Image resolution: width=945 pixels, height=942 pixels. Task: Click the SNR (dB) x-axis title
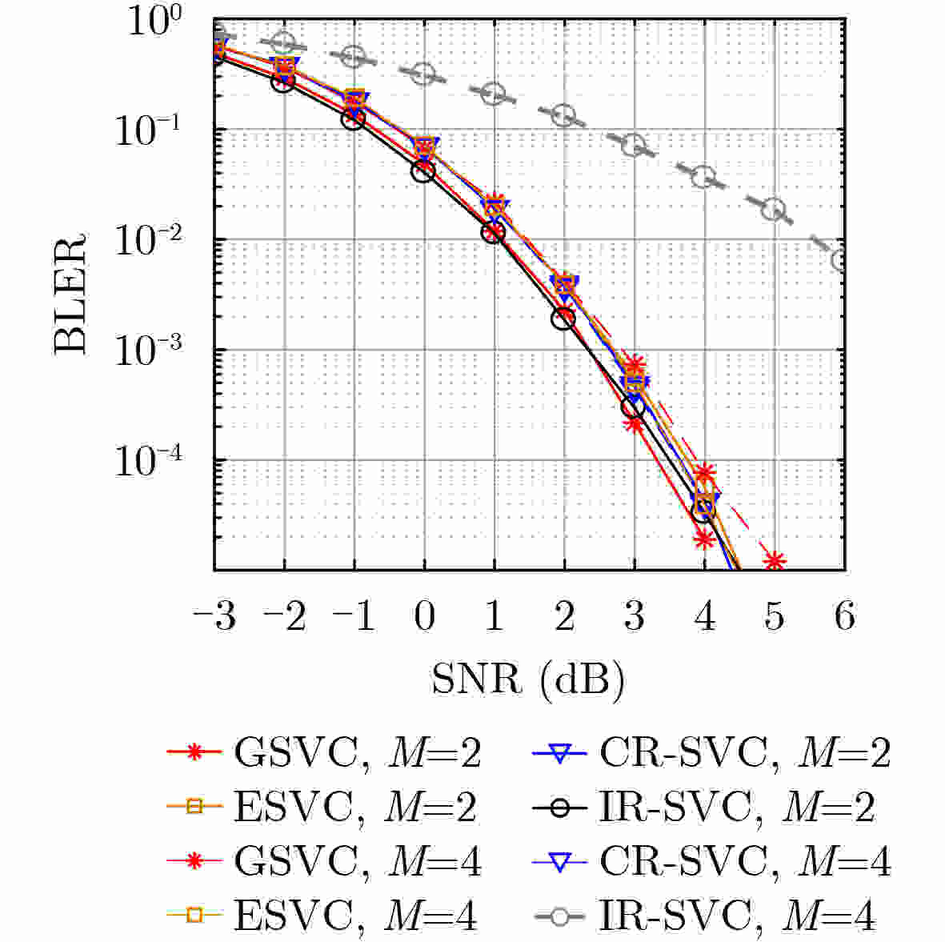click(x=527, y=680)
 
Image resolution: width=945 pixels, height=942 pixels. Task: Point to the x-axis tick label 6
click(x=844, y=617)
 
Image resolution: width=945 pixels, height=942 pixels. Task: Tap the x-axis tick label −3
click(x=214, y=617)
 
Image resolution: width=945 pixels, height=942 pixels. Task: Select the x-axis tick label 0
click(x=424, y=617)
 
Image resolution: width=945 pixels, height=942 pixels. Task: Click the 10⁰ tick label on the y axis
click(x=158, y=24)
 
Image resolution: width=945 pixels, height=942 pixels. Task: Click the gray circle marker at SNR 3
click(x=634, y=146)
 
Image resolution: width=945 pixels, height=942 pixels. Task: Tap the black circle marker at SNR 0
click(x=424, y=170)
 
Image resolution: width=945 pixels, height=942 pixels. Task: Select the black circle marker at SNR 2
click(x=563, y=319)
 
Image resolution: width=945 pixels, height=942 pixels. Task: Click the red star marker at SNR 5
click(x=773, y=560)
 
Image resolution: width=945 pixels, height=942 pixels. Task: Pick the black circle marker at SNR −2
click(x=284, y=82)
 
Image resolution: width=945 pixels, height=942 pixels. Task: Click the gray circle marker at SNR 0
click(x=424, y=74)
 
